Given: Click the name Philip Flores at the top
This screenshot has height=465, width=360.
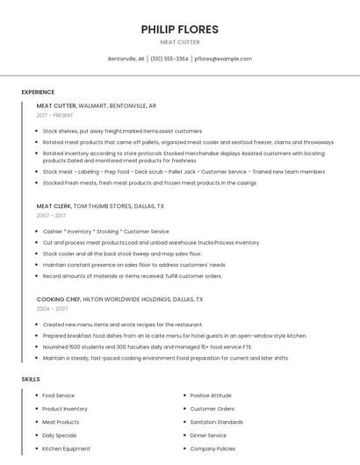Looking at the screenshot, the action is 179,29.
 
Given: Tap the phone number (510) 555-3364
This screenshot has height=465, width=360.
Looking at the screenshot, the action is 169,59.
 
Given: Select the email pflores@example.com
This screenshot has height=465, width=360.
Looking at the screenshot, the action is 223,59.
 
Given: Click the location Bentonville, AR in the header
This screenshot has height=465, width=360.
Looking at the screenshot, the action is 126,59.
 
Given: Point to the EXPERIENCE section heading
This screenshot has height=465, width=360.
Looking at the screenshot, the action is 38,92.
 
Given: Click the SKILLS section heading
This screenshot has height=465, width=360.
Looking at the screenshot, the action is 31,379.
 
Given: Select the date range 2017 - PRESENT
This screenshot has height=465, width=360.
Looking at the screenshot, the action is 55,115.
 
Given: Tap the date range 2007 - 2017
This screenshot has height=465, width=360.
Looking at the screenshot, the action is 51,215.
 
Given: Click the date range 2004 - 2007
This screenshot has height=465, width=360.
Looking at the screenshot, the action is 52,309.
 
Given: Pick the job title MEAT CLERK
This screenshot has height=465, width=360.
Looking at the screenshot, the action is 54,205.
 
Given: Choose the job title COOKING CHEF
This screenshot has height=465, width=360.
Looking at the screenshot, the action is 58,299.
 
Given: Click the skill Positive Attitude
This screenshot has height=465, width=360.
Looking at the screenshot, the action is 211,396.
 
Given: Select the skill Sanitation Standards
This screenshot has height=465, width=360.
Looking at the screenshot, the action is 216,422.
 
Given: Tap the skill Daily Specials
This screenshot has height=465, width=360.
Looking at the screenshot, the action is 60,435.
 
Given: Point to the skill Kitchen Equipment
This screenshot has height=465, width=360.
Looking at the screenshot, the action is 66,448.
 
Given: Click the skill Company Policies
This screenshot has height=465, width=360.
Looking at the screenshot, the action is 212,448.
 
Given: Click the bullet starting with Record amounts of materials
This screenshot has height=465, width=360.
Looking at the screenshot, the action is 132,275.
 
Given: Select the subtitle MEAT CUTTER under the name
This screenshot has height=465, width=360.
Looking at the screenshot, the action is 179,42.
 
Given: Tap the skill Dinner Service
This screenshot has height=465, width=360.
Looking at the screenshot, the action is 208,435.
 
